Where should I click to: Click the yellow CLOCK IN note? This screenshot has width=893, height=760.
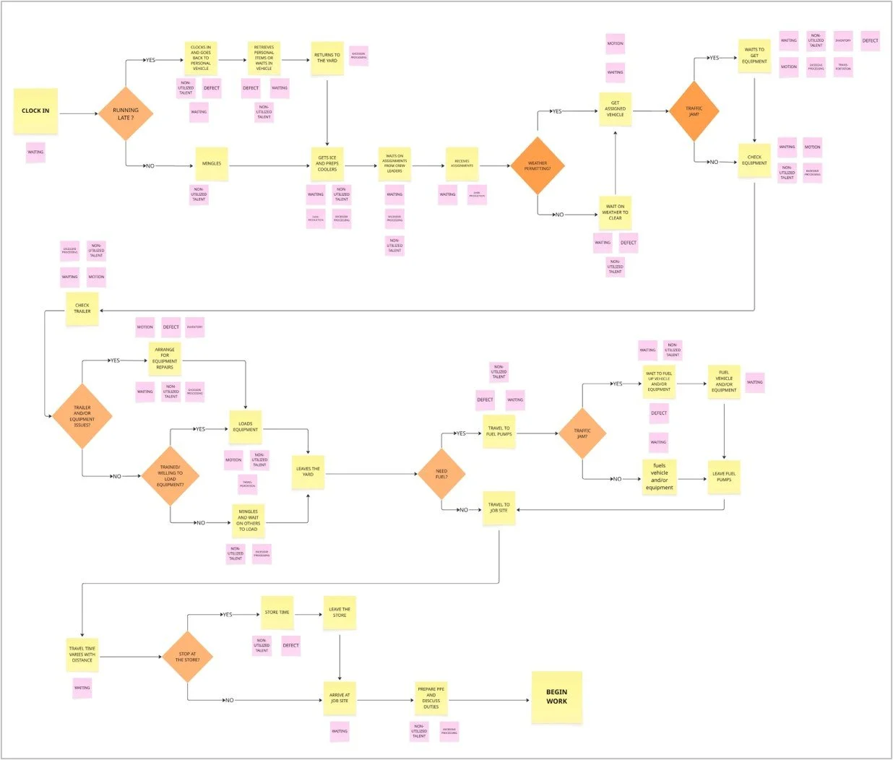click(x=35, y=111)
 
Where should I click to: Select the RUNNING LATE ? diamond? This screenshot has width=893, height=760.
click(x=126, y=113)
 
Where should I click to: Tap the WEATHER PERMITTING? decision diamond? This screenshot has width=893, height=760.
click(x=537, y=166)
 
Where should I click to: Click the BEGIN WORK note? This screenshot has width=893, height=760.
click(x=556, y=697)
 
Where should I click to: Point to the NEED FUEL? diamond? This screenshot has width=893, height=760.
click(x=441, y=474)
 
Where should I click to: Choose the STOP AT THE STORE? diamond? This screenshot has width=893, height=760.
click(x=188, y=657)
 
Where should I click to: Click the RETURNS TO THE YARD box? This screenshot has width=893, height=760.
click(x=327, y=58)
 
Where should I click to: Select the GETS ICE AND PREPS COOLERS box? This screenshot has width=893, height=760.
click(x=327, y=163)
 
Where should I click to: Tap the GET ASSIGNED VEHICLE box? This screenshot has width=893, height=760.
click(x=615, y=109)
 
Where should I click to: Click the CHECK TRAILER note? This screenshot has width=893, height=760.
click(x=82, y=308)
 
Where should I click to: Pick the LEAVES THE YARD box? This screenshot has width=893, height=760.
click(x=308, y=472)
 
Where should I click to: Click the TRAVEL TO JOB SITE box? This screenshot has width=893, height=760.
click(x=499, y=508)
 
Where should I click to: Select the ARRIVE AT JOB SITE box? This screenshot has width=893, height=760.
click(x=339, y=698)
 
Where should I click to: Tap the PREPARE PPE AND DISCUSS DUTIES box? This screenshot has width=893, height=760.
click(x=431, y=698)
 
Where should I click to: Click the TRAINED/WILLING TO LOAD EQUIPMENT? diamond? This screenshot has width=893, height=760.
click(x=171, y=476)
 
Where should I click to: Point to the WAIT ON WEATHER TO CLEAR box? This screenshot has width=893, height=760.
click(x=615, y=212)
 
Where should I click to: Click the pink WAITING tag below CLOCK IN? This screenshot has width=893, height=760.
click(x=35, y=152)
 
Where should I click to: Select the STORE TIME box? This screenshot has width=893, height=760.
click(x=277, y=613)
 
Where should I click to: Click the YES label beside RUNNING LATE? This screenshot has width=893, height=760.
click(x=150, y=60)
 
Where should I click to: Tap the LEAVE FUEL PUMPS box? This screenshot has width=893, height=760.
click(x=724, y=477)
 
